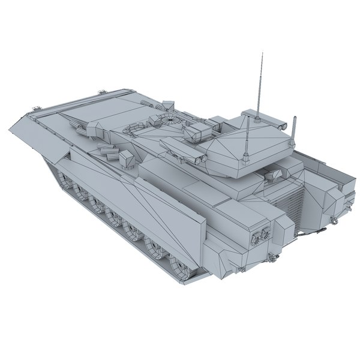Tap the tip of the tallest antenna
point(262,55)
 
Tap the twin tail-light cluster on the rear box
point(259,236)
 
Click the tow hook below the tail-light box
point(274,259)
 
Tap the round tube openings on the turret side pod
point(199,157)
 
